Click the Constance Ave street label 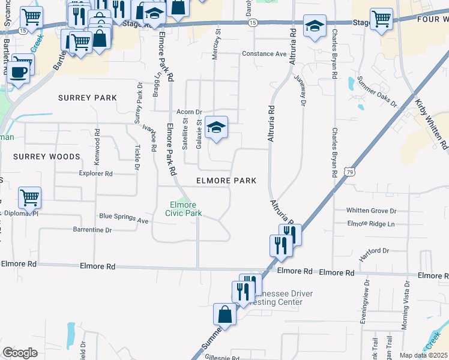(264, 54)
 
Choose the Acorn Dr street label (191, 112)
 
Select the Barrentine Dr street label (92, 230)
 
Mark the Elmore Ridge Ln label (372, 223)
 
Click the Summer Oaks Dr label (377, 91)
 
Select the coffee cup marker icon (18, 72)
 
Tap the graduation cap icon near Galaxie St (216, 127)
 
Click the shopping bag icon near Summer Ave (225, 314)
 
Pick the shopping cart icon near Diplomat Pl (29, 197)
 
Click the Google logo (20, 352)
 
